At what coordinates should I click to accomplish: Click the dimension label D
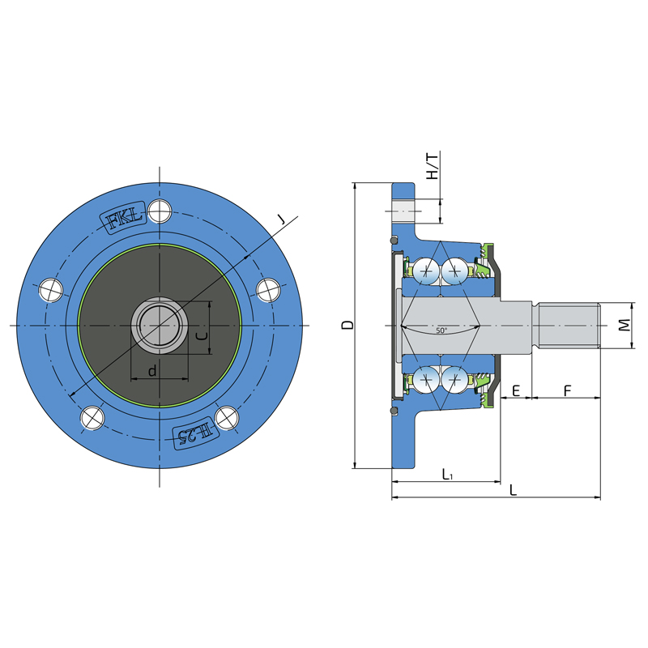click(349, 325)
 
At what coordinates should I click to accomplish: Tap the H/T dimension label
click(432, 166)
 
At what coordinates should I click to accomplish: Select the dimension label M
click(625, 325)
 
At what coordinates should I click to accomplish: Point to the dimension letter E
click(516, 390)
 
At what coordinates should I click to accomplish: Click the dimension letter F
click(568, 390)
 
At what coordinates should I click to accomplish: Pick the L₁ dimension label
click(447, 475)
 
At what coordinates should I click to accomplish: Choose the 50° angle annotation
click(441, 330)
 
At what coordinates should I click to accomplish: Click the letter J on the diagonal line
click(281, 220)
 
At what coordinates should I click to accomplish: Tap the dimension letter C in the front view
click(202, 335)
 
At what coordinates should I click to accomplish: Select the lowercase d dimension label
click(152, 371)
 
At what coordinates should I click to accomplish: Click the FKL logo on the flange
click(124, 218)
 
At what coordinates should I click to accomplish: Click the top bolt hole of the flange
click(160, 211)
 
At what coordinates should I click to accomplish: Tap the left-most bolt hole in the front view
click(51, 290)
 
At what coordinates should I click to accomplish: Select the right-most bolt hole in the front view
click(269, 290)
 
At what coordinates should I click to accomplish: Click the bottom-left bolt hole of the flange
click(92, 418)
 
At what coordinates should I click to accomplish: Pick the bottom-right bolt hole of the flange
click(227, 418)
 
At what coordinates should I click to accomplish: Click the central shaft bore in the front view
click(160, 326)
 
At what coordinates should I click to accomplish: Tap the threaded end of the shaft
click(569, 326)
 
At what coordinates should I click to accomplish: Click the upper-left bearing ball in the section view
click(427, 271)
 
